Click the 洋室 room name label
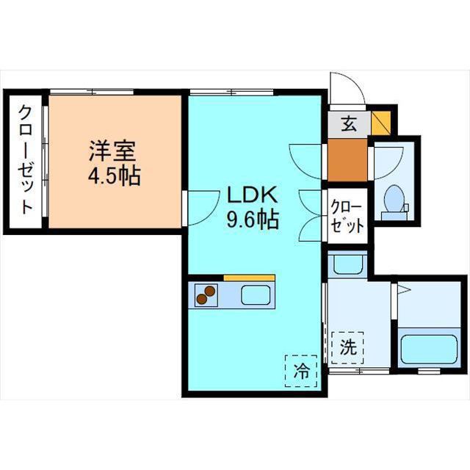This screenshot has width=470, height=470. point(112,151)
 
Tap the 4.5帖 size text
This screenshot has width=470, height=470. point(115,176)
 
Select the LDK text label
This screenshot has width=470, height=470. point(252,195)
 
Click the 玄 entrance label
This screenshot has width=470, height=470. point(349,123)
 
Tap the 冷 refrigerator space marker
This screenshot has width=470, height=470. point(300,371)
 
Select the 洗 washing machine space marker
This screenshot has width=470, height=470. point(348,347)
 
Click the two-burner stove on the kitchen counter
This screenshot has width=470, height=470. point(206,295)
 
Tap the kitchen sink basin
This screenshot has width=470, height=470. point(256,295)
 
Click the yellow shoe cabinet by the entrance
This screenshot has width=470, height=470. point(381,123)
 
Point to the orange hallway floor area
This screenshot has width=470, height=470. point(347,160)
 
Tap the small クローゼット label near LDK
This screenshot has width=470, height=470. point(347,217)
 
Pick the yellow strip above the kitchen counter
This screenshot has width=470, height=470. point(249,278)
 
